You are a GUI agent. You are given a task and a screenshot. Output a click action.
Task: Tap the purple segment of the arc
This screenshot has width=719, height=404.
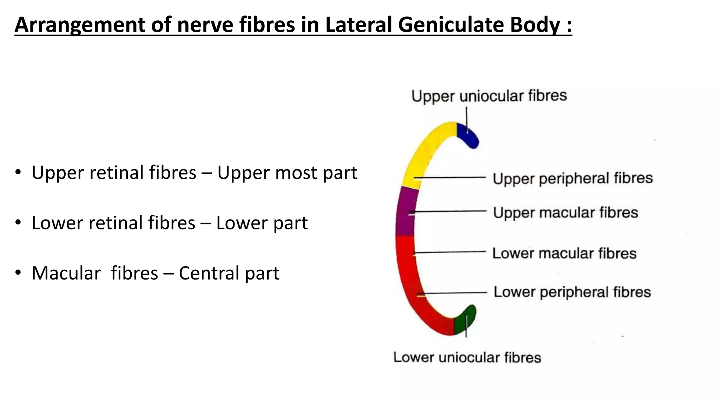click(x=405, y=214)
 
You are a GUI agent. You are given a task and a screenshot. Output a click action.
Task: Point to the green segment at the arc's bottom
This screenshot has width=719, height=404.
click(x=464, y=321)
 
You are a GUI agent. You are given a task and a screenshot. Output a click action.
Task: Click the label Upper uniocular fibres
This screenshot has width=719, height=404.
click(x=489, y=96)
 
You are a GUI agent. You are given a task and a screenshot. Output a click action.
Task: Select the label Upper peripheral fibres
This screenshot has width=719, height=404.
click(x=573, y=178)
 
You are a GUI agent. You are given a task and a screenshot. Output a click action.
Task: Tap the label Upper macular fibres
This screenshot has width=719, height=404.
click(x=565, y=213)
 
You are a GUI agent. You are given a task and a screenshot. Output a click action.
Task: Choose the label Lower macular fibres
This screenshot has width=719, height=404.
click(x=564, y=253)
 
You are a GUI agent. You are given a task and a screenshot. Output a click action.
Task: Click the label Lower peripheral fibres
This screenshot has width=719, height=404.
click(x=572, y=292)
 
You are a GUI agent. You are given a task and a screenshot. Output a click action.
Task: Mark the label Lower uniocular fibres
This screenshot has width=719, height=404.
click(x=467, y=357)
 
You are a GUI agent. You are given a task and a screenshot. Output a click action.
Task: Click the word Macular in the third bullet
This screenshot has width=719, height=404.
click(x=66, y=273)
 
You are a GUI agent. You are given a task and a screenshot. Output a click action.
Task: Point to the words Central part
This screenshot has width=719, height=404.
click(x=229, y=273)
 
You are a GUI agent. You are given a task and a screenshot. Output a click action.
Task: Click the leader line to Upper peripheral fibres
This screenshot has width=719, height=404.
click(x=453, y=177)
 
